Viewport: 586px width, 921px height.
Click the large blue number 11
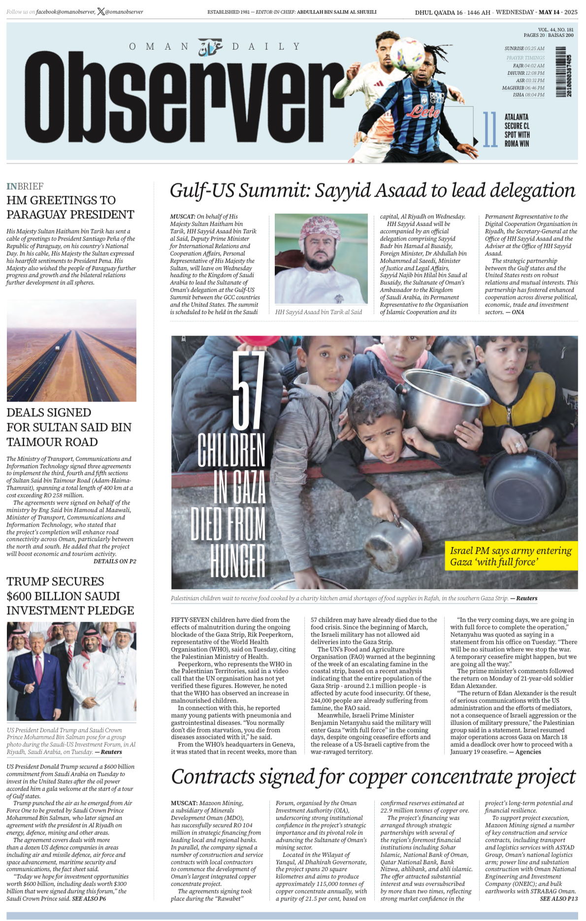[489, 130]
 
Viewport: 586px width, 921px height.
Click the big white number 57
[248, 390]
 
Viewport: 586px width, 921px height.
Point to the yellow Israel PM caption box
[511, 556]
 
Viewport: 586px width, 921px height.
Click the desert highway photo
[71, 350]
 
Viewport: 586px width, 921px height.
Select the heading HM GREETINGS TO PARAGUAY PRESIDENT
[70, 207]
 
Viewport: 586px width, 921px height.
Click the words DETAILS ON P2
[115, 561]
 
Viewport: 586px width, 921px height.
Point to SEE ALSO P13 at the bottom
[558, 898]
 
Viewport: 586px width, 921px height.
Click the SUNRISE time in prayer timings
[524, 49]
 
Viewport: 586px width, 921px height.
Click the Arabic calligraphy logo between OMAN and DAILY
[210, 47]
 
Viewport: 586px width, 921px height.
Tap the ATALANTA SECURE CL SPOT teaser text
[517, 130]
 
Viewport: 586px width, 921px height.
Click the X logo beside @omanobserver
[101, 12]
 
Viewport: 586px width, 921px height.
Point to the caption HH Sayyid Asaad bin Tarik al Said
[318, 312]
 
